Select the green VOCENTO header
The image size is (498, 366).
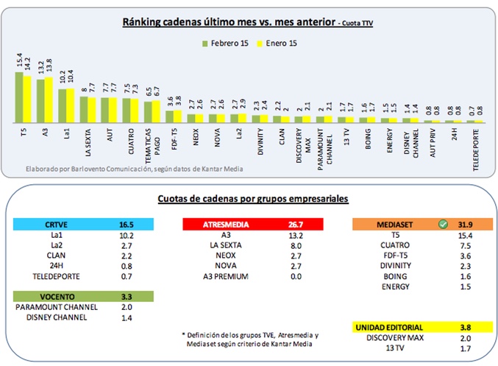(45, 296)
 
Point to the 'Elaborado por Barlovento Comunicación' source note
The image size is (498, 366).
(133, 169)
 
